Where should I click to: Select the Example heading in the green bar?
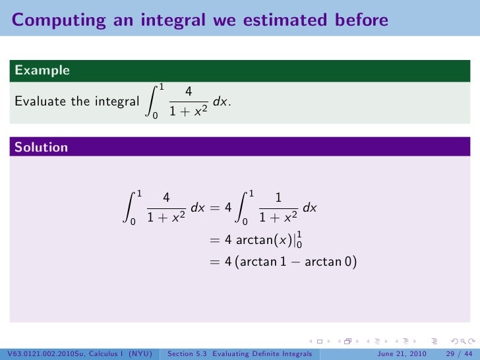[42, 70]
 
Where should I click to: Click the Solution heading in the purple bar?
[42, 148]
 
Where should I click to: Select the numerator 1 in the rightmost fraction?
[278, 198]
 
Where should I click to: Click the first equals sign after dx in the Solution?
[214, 208]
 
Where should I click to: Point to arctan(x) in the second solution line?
[263, 240]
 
